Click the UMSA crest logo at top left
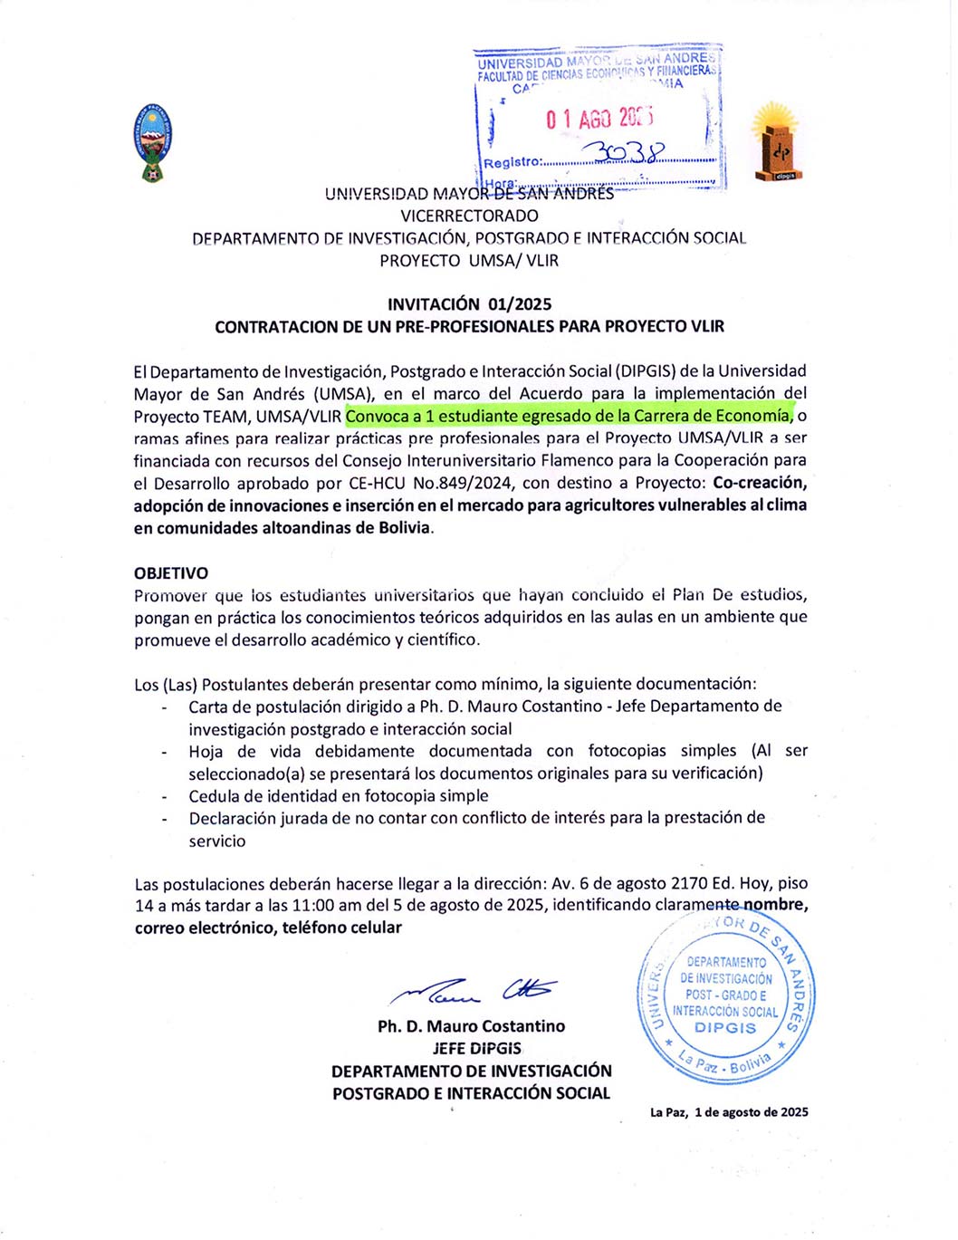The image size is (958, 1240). pos(152,142)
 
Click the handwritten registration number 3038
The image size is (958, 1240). pos(624,151)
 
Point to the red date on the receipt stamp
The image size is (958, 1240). pos(599,119)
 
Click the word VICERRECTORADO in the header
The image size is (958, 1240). pos(469,216)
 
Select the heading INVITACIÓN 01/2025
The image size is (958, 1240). pos(469,304)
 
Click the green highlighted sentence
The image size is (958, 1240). pos(569,416)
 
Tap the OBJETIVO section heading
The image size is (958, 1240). pos(171,572)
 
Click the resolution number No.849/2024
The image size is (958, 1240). pos(465,483)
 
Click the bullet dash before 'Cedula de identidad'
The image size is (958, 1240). pos(164,797)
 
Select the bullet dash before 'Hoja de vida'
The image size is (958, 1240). pos(164,753)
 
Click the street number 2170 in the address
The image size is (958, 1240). pos(689,883)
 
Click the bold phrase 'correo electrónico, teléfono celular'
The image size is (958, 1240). pos(268,928)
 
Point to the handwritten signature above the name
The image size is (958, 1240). pos(473,992)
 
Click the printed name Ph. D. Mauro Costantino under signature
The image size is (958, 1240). pos(471,1026)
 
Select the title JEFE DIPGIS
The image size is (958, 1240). pos(476,1049)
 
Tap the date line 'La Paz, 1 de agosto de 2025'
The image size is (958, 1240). pos(729,1112)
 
